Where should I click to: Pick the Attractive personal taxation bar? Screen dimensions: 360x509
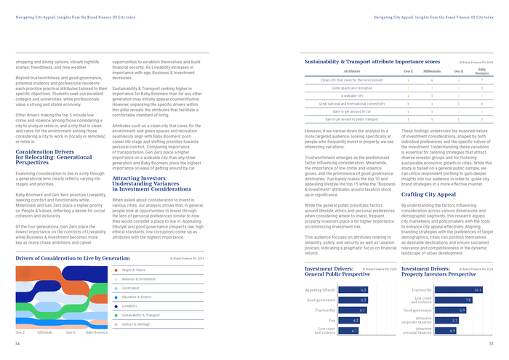(x=433, y=330)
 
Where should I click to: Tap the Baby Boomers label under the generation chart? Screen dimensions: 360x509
(x=97, y=332)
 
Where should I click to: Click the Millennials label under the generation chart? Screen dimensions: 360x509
(x=44, y=332)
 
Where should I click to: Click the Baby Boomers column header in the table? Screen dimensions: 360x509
(x=482, y=72)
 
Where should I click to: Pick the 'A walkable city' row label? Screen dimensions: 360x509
(x=352, y=95)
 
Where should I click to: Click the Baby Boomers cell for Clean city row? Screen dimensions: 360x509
(x=482, y=80)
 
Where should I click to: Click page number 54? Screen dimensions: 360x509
(x=17, y=343)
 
